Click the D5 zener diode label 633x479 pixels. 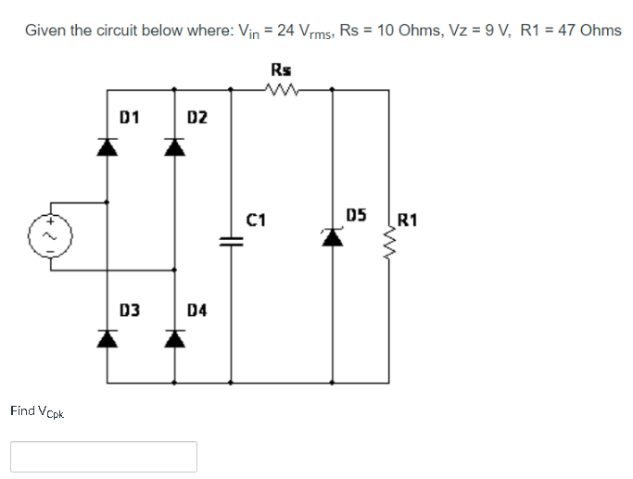click(x=357, y=216)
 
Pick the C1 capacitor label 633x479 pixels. click(x=257, y=220)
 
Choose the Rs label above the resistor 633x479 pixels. click(x=280, y=69)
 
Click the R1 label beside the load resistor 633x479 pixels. click(x=407, y=220)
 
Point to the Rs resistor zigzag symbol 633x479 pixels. click(x=280, y=90)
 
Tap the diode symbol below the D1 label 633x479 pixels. click(x=108, y=145)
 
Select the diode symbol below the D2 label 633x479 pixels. click(x=174, y=145)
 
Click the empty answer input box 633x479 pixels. click(x=104, y=456)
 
